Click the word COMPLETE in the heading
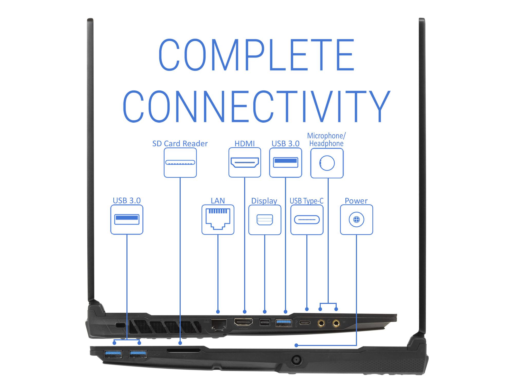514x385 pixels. click(x=256, y=55)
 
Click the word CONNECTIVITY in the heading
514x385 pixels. click(x=256, y=106)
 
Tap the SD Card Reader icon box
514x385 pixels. click(x=180, y=162)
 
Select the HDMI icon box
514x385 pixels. click(x=245, y=162)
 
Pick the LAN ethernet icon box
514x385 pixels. click(x=218, y=220)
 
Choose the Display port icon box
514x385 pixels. click(x=265, y=220)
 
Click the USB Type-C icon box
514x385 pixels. click(x=307, y=220)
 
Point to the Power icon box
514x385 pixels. click(x=356, y=220)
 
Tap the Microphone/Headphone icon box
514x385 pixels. click(x=327, y=163)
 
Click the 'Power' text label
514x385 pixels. click(x=356, y=201)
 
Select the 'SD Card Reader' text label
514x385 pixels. click(x=180, y=143)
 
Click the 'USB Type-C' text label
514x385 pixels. click(x=306, y=201)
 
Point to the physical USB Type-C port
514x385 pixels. click(x=305, y=323)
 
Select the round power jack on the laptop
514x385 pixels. click(x=297, y=359)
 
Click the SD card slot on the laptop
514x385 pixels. click(x=183, y=350)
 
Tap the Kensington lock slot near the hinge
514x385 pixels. click(x=120, y=325)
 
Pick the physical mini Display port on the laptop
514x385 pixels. click(x=264, y=322)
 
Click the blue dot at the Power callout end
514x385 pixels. click(x=296, y=345)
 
